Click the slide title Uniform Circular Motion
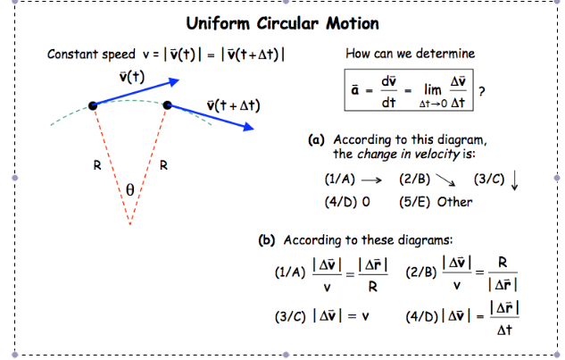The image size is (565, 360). (282, 23)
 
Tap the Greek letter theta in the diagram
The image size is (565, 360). (129, 189)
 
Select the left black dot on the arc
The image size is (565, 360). (93, 106)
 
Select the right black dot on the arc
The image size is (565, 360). (167, 105)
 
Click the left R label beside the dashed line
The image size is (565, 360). (97, 163)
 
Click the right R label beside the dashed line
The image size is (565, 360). (163, 163)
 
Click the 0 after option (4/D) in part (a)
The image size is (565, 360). (366, 201)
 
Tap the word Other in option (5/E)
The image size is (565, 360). (455, 201)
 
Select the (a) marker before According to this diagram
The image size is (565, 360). (315, 140)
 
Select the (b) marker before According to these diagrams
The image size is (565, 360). (267, 240)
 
